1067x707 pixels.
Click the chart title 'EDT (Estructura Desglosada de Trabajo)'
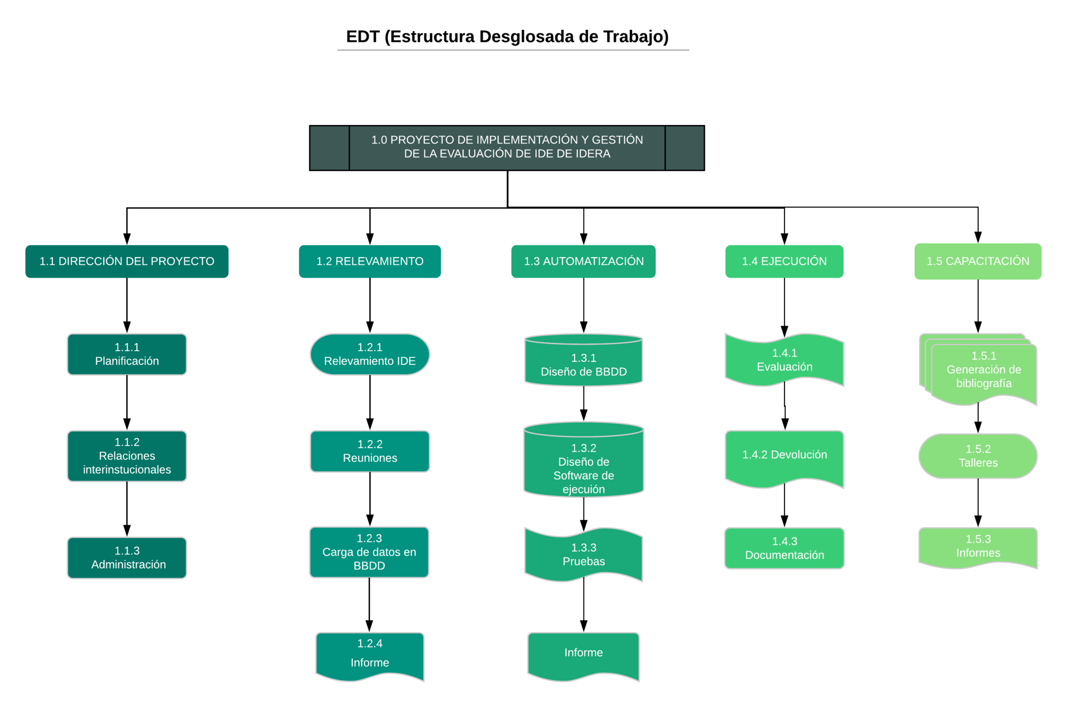click(507, 37)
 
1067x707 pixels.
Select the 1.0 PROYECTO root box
click(507, 147)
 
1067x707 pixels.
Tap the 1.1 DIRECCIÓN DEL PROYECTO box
click(127, 261)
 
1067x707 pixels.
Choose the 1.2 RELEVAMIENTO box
click(369, 261)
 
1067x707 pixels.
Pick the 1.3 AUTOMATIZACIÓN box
click(583, 261)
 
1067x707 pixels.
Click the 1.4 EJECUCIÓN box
click(784, 261)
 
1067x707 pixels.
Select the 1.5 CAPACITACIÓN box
click(978, 261)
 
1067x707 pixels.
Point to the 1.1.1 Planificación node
click(127, 354)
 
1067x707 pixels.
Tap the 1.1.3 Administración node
click(127, 557)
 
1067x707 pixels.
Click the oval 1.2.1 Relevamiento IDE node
click(369, 354)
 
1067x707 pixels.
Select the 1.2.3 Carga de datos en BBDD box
click(369, 552)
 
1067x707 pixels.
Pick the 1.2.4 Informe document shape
click(369, 655)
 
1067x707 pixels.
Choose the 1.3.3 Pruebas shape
click(583, 554)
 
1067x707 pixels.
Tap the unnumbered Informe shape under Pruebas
click(583, 654)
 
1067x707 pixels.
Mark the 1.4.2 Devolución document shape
click(784, 456)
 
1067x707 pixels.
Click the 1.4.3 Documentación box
click(784, 548)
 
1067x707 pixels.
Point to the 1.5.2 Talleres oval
click(978, 456)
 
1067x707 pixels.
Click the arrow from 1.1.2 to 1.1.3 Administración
click(127, 508)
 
